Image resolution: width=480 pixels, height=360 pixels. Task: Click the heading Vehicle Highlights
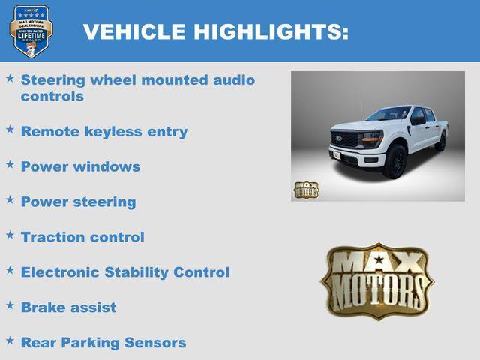[x=216, y=31]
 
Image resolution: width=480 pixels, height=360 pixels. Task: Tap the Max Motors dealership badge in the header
[x=31, y=31]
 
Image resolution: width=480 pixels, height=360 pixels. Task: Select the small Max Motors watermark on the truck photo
[x=305, y=190]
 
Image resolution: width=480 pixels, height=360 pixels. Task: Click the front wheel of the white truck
[x=394, y=162]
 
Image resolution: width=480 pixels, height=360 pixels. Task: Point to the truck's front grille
[x=347, y=142]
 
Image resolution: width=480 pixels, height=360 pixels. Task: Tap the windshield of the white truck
[x=388, y=115]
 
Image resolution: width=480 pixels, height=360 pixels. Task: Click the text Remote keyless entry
[x=104, y=131]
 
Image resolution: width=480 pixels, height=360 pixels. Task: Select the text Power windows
[x=80, y=166]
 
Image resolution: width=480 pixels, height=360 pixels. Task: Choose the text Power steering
[x=79, y=202]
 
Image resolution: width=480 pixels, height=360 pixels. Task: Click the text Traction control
[x=82, y=237]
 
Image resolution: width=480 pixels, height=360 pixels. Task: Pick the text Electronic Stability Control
[x=125, y=272]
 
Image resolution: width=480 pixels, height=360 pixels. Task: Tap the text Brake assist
[x=68, y=307]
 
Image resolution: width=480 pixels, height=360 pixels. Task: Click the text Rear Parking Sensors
[x=103, y=343]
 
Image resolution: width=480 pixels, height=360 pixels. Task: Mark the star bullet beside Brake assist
[x=10, y=305]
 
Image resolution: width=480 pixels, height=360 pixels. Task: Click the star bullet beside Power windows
[x=10, y=164]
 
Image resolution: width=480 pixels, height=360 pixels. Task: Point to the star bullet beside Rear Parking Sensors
[x=10, y=340]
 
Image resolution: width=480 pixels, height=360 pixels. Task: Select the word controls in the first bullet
[x=52, y=97]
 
